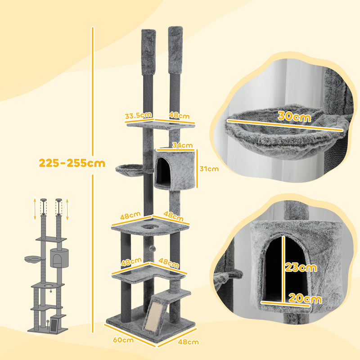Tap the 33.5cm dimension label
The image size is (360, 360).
138,116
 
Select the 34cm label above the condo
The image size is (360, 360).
182,145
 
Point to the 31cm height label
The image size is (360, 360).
209,169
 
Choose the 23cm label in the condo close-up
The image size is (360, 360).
301,267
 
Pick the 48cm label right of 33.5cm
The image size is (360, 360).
179,116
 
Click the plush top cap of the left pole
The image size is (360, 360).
148,53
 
